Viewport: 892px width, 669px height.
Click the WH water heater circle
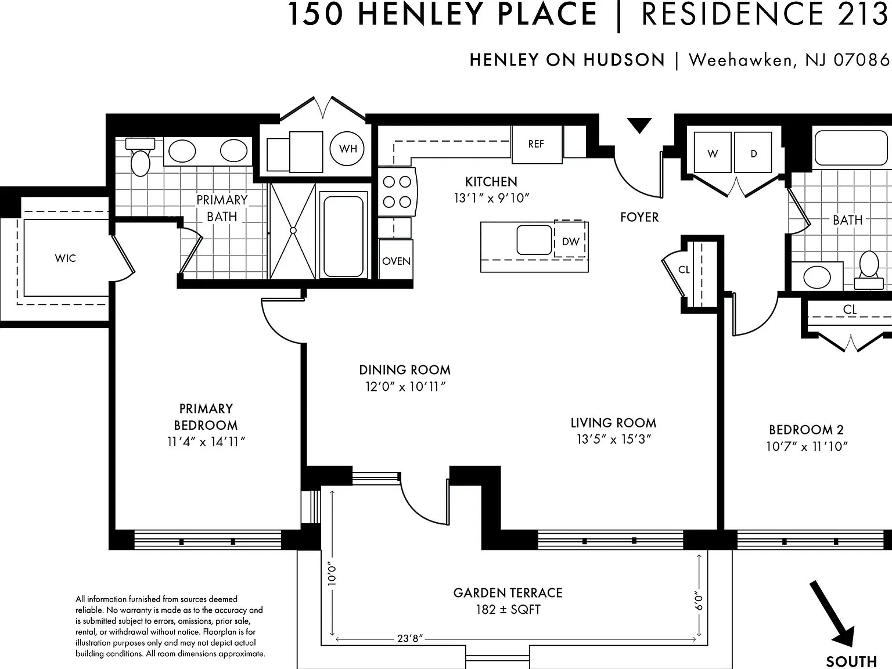(x=347, y=148)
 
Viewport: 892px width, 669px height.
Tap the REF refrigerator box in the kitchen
(x=537, y=144)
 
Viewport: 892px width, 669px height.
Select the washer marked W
(x=713, y=152)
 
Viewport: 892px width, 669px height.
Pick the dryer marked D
(x=753, y=152)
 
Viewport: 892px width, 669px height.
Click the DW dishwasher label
(x=570, y=242)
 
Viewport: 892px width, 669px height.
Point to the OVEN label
(x=396, y=261)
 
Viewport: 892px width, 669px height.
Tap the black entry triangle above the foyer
(x=639, y=125)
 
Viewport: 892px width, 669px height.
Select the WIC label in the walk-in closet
(x=66, y=258)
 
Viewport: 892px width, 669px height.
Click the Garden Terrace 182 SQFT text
(x=508, y=601)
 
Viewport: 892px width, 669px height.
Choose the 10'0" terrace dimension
(x=332, y=574)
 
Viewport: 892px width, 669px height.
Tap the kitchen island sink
(x=534, y=240)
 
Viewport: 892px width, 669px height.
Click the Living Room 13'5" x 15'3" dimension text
(x=614, y=439)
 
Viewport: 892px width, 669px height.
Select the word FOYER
(x=639, y=217)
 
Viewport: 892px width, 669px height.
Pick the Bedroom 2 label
(x=806, y=429)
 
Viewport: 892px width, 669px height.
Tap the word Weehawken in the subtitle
(x=740, y=60)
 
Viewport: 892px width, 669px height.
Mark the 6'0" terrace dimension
(x=699, y=600)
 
